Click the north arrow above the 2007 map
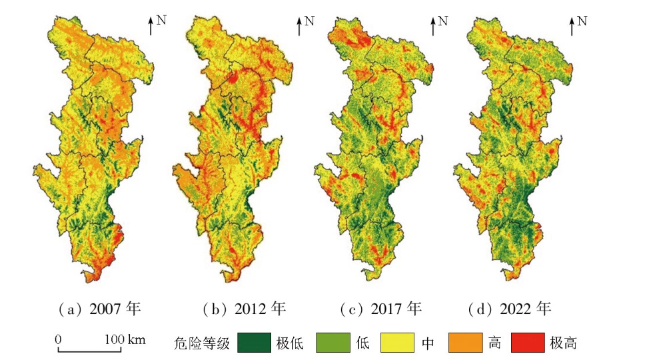coord(151,27)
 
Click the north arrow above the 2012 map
coord(299,27)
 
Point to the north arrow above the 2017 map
coord(432,27)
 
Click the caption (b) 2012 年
coord(243,309)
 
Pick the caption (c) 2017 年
coord(380,309)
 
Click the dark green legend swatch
coord(254,343)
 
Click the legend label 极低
coord(290,343)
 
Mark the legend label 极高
coord(564,343)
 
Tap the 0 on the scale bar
coord(58,339)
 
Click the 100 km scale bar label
coord(125,339)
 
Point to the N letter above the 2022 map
coord(582,21)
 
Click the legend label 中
coord(428,343)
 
